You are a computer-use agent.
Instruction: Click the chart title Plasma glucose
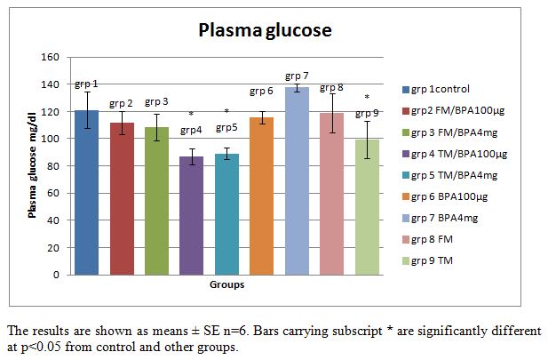(x=265, y=30)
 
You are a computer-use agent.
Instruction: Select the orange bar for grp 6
(x=261, y=196)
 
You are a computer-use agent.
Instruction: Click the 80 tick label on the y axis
(x=54, y=166)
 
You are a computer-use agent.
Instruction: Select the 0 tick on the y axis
(x=57, y=275)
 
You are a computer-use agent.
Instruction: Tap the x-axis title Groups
(x=226, y=286)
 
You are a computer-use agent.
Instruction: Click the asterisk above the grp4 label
(x=191, y=115)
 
